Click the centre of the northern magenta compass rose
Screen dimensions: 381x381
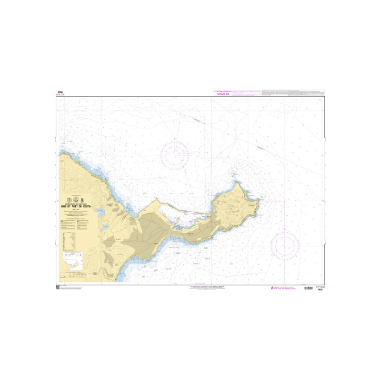[175, 154]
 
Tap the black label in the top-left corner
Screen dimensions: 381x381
[60, 92]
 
